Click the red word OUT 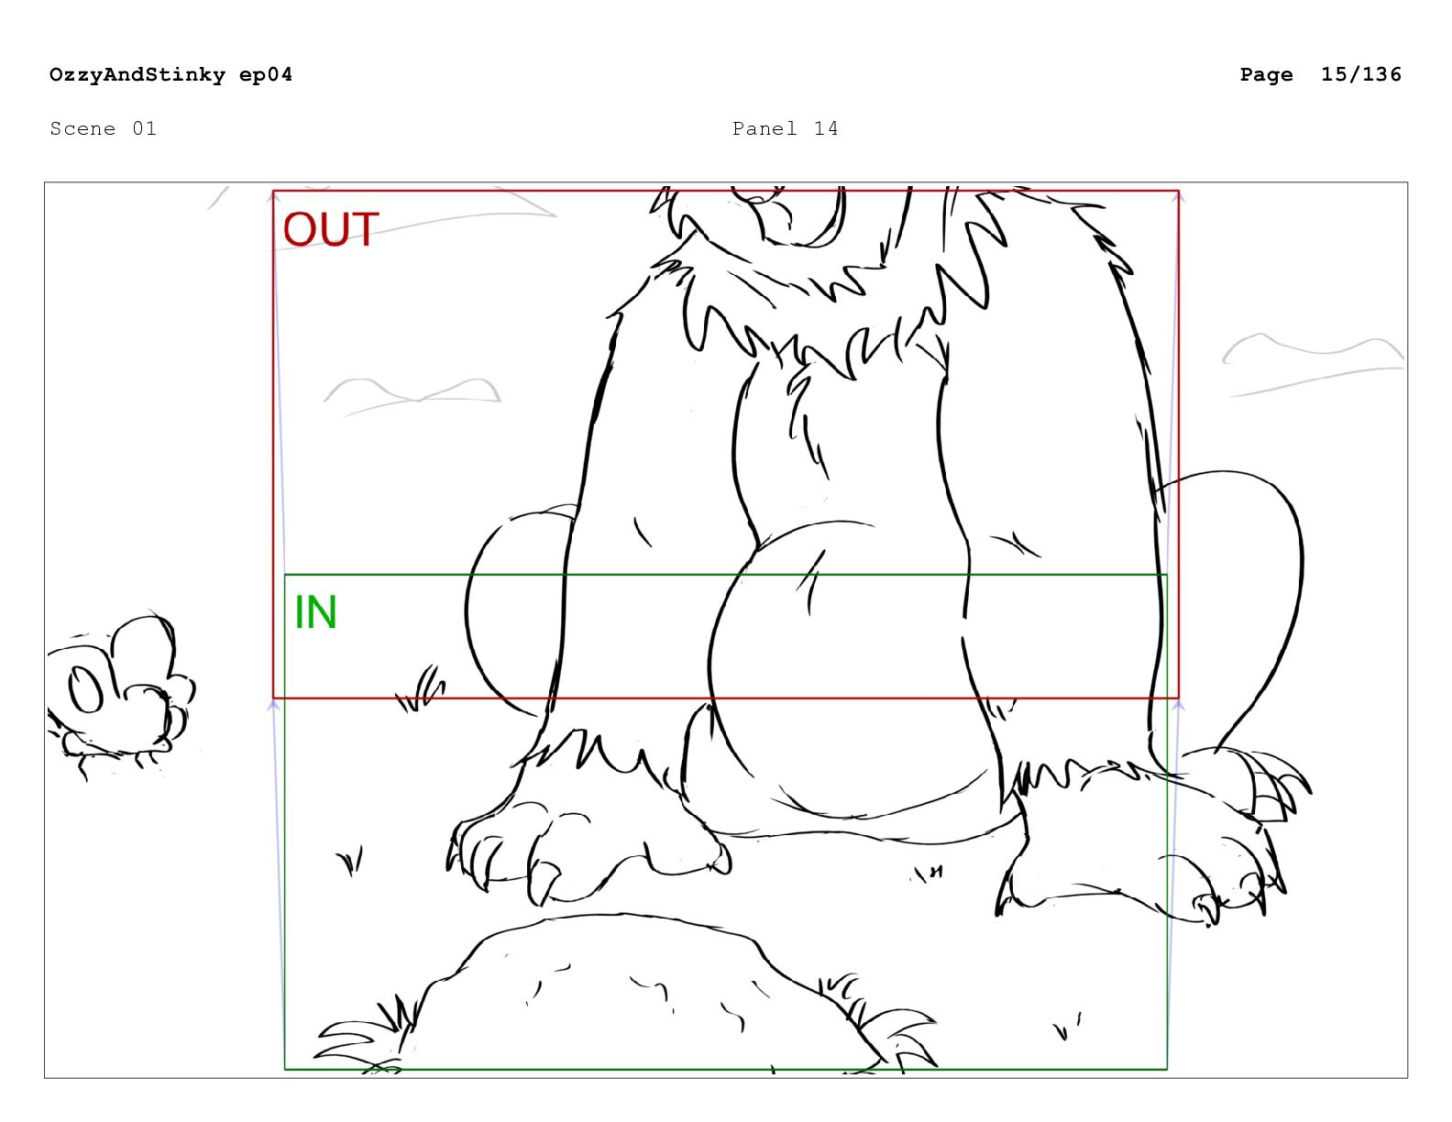[x=331, y=229]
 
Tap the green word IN [x=315, y=612]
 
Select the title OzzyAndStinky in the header [x=137, y=74]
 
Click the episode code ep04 [x=266, y=75]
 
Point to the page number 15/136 [x=1360, y=74]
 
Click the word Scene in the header [x=82, y=128]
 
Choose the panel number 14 [x=826, y=128]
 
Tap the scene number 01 [x=144, y=128]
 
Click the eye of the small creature [x=86, y=690]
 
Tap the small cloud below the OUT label [x=412, y=396]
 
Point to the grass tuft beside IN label [x=421, y=689]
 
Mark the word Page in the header [x=1266, y=75]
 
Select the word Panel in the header [x=764, y=128]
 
